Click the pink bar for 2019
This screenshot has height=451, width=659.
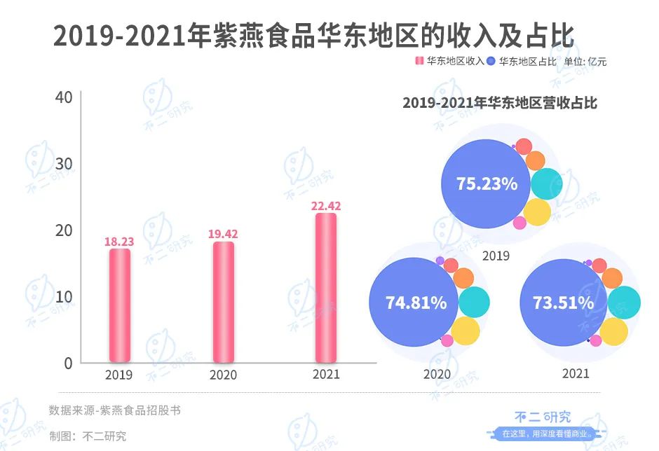point(120,305)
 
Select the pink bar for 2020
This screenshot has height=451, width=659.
point(223,302)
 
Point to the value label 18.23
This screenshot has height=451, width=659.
point(119,242)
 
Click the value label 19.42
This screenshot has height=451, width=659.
point(223,234)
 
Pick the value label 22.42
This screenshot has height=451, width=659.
point(326,205)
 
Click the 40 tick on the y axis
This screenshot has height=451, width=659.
point(64,97)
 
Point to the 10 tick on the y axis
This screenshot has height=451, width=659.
point(64,296)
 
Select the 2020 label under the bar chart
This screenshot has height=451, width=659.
point(223,375)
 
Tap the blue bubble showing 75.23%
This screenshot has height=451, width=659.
point(487,184)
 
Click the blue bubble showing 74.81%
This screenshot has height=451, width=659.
point(415,303)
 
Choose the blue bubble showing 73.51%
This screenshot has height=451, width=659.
point(564,303)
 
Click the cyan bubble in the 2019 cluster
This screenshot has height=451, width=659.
point(545,183)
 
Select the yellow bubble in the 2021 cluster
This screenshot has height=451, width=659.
point(615,331)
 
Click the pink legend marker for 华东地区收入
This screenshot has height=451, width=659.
point(419,61)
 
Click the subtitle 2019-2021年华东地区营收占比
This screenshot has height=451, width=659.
point(499,103)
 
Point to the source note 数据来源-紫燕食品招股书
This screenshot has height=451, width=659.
point(114,410)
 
